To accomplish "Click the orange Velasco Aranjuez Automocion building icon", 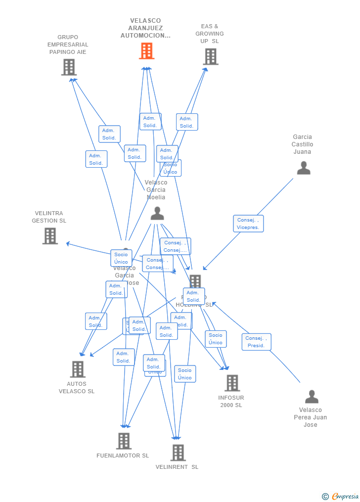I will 146,51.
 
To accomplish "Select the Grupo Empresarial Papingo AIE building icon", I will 69,67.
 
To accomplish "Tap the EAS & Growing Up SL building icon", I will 211,57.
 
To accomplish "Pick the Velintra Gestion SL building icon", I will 50,236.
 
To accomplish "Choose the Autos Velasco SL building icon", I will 78,369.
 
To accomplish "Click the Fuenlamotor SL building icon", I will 124,441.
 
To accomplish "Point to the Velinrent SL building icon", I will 178,452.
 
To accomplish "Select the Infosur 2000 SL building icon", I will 232,383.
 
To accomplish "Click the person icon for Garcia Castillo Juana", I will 303,168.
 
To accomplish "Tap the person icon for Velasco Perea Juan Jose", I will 312,397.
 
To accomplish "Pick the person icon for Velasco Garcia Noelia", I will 157,213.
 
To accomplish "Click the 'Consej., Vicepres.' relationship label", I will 248,224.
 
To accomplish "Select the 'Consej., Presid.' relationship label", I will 256,342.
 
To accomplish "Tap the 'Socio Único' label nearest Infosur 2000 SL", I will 216,339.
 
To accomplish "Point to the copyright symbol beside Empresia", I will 325,496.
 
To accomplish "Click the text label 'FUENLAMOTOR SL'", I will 123,456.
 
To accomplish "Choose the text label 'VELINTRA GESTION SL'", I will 49,217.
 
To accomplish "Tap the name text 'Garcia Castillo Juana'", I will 302,144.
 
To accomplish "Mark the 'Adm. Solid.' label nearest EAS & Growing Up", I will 186,122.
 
